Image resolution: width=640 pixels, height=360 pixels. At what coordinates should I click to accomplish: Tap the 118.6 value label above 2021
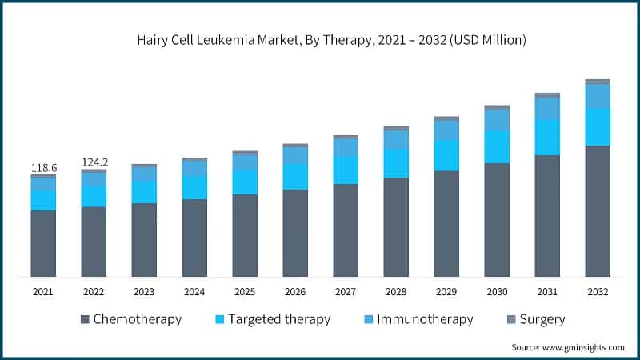(x=44, y=168)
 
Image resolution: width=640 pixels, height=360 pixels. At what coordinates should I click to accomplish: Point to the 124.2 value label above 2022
(x=94, y=162)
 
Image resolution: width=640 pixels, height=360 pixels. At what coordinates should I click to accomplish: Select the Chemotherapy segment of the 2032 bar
(x=598, y=211)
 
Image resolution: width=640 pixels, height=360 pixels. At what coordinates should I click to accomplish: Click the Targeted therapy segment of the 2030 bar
(x=497, y=146)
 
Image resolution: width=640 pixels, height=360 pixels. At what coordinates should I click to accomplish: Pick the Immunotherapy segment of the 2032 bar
(x=598, y=96)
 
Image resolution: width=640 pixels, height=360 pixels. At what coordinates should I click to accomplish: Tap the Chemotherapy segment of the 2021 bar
(x=44, y=243)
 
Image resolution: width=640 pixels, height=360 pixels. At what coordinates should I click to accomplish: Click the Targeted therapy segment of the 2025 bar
(x=246, y=182)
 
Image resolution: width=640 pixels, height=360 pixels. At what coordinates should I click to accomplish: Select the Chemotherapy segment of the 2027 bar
(x=346, y=230)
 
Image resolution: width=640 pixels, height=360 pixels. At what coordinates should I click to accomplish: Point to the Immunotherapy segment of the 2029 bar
(x=446, y=130)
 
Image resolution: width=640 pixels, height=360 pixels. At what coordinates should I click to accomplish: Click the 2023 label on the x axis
(x=144, y=292)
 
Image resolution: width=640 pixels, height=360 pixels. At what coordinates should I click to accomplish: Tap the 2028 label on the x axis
(x=396, y=292)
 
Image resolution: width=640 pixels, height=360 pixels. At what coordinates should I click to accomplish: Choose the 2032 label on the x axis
(x=598, y=292)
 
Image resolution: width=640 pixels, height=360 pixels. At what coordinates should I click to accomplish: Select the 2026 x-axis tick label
(x=295, y=292)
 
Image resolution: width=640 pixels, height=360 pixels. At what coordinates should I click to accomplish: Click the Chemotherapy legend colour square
(x=85, y=320)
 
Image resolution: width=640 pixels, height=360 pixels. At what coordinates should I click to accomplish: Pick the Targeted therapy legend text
(x=279, y=319)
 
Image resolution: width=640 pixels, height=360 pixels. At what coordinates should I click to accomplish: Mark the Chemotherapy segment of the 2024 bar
(x=194, y=238)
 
